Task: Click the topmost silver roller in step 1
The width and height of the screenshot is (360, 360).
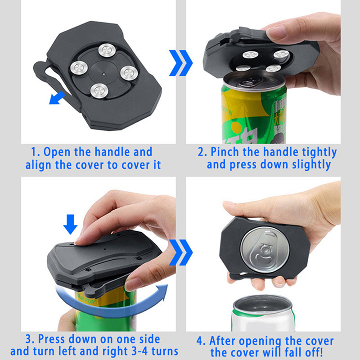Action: click(x=107, y=49)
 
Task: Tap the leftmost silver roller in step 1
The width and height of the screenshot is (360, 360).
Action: click(x=79, y=68)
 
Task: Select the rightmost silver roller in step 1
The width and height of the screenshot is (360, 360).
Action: click(x=129, y=73)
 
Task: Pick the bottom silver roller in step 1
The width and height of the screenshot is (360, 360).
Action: click(x=99, y=91)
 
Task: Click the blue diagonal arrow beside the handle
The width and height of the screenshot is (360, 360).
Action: click(x=57, y=98)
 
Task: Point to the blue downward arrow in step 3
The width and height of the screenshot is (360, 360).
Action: click(x=70, y=224)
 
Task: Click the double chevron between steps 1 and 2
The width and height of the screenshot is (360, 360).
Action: click(x=181, y=63)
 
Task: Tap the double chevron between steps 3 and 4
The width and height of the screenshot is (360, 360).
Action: click(x=181, y=252)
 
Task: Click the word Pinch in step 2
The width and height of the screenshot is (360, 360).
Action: click(x=225, y=152)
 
